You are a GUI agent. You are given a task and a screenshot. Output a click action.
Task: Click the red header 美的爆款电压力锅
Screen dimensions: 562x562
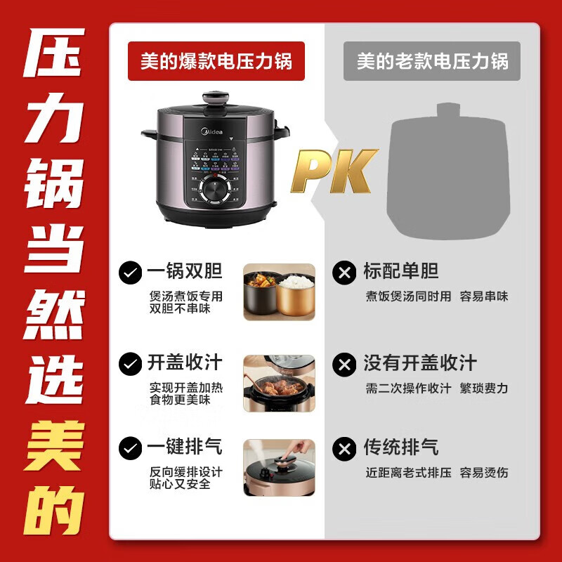(x=216, y=61)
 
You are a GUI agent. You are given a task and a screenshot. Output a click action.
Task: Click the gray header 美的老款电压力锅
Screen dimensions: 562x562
(x=431, y=61)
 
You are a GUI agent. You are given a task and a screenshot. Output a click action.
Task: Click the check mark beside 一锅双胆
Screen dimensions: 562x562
(x=129, y=273)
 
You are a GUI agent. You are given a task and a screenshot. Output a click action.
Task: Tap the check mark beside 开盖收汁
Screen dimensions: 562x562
(x=129, y=364)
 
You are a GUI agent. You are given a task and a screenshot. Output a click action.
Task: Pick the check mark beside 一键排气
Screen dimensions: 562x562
(x=129, y=447)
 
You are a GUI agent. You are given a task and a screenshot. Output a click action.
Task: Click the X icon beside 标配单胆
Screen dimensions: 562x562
(x=345, y=273)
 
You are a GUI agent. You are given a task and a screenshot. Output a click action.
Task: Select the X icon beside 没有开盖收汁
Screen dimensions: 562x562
(x=345, y=364)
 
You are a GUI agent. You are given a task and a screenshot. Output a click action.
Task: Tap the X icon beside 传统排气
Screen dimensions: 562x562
(x=345, y=447)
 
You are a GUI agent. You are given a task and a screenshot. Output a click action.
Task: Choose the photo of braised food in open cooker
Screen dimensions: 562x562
(x=279, y=383)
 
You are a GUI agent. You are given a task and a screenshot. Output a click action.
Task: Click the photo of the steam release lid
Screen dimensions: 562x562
(x=279, y=467)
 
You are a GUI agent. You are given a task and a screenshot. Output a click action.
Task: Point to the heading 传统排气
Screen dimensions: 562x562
(x=401, y=447)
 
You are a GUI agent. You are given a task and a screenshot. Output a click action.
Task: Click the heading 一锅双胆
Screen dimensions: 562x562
(x=185, y=272)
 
